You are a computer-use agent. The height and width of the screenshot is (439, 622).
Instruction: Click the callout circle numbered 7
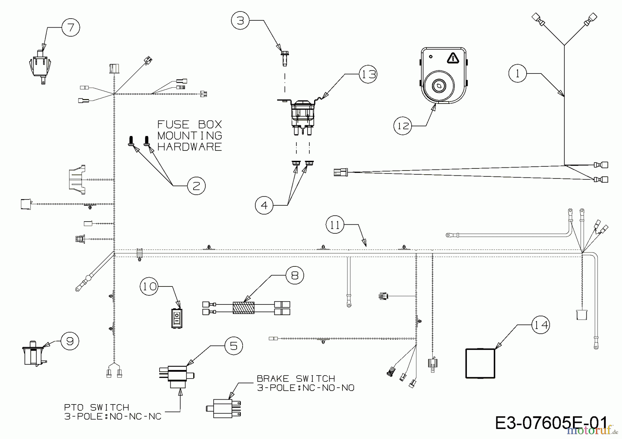coord(71,27)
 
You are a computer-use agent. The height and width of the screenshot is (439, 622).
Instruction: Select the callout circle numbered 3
coord(240,21)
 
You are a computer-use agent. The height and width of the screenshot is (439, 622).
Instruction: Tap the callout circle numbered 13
coord(368,74)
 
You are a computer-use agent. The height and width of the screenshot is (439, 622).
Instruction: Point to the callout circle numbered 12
coord(403,126)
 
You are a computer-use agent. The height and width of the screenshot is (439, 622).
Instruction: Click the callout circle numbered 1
coord(517,73)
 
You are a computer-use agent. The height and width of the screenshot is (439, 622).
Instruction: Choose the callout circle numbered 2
coord(196,186)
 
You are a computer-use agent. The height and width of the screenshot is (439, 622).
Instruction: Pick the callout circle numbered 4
coord(264,205)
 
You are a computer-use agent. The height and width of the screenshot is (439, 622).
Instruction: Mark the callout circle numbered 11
coord(335,225)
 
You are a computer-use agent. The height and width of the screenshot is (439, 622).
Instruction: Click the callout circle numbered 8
coord(295,275)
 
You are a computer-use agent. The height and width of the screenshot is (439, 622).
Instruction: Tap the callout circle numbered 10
coord(149,286)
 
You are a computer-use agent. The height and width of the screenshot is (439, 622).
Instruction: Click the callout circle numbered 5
coord(234,346)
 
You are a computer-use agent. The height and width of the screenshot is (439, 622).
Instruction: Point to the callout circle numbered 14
coord(540,325)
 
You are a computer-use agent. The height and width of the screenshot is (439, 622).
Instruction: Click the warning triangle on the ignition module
coord(452,58)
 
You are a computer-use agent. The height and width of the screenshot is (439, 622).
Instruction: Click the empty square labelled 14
coord(480,363)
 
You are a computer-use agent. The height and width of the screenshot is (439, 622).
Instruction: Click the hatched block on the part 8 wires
coord(244,308)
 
